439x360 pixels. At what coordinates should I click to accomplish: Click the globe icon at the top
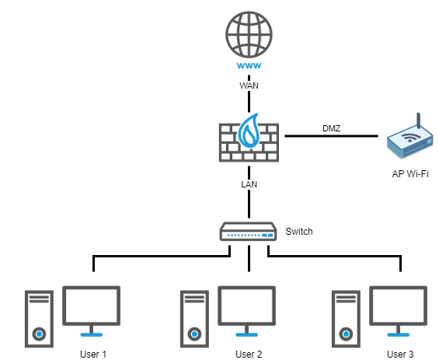[249, 34]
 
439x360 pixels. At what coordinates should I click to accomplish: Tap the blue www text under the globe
[249, 65]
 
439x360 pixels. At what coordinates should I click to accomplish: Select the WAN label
[249, 86]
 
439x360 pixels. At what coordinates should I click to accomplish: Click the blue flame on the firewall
[249, 131]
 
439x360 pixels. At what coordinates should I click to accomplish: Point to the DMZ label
[332, 128]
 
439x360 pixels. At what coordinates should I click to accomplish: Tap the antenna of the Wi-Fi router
[419, 121]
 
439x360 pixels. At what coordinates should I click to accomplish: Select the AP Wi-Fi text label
[410, 174]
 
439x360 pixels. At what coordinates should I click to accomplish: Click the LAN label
[249, 184]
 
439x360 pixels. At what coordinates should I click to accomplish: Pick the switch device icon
[249, 232]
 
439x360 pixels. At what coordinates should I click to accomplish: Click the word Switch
[299, 232]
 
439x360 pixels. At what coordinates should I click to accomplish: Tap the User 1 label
[93, 355]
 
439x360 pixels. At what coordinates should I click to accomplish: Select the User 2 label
[249, 355]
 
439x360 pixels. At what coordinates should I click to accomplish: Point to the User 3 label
[400, 355]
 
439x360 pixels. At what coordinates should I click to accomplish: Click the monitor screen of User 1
[91, 306]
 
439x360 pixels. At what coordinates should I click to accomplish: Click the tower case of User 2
[194, 319]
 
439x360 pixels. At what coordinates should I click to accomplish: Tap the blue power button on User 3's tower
[346, 334]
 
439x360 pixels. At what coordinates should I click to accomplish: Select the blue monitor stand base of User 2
[246, 335]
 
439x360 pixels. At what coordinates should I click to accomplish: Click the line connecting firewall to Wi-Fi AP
[332, 136]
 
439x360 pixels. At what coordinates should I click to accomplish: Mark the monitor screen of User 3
[398, 306]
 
